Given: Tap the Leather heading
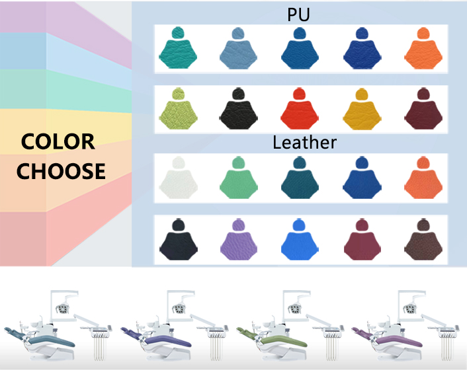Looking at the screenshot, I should [x=304, y=142].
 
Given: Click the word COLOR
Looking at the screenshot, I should [x=58, y=141].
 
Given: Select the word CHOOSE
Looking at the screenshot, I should [x=61, y=171].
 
